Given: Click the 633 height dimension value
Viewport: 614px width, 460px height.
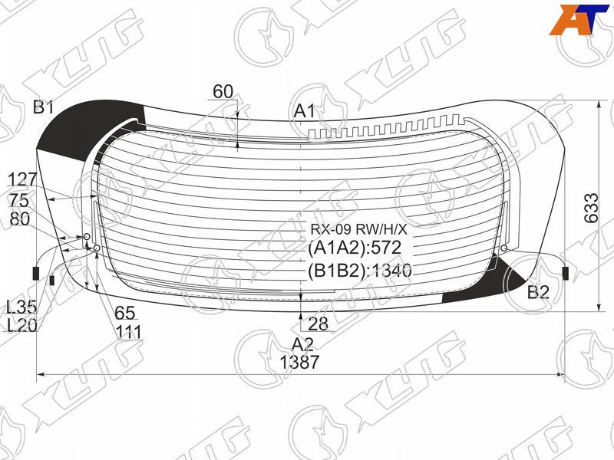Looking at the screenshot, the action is point(591,208).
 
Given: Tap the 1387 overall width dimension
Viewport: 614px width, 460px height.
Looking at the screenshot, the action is point(299,362).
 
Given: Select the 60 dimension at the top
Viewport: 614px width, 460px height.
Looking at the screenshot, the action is point(223,92).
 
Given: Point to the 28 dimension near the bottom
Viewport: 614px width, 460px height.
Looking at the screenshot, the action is point(318,324).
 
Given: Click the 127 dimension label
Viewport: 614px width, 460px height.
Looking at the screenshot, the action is point(22,180).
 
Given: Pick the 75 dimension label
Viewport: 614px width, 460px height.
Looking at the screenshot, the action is point(20,201).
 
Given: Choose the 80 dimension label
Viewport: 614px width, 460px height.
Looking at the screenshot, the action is point(20,219).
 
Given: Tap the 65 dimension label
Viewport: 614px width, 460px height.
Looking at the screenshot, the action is point(125,313).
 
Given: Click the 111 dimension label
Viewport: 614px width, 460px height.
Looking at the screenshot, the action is point(128,332).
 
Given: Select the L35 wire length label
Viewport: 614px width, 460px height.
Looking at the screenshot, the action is point(21,307).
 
